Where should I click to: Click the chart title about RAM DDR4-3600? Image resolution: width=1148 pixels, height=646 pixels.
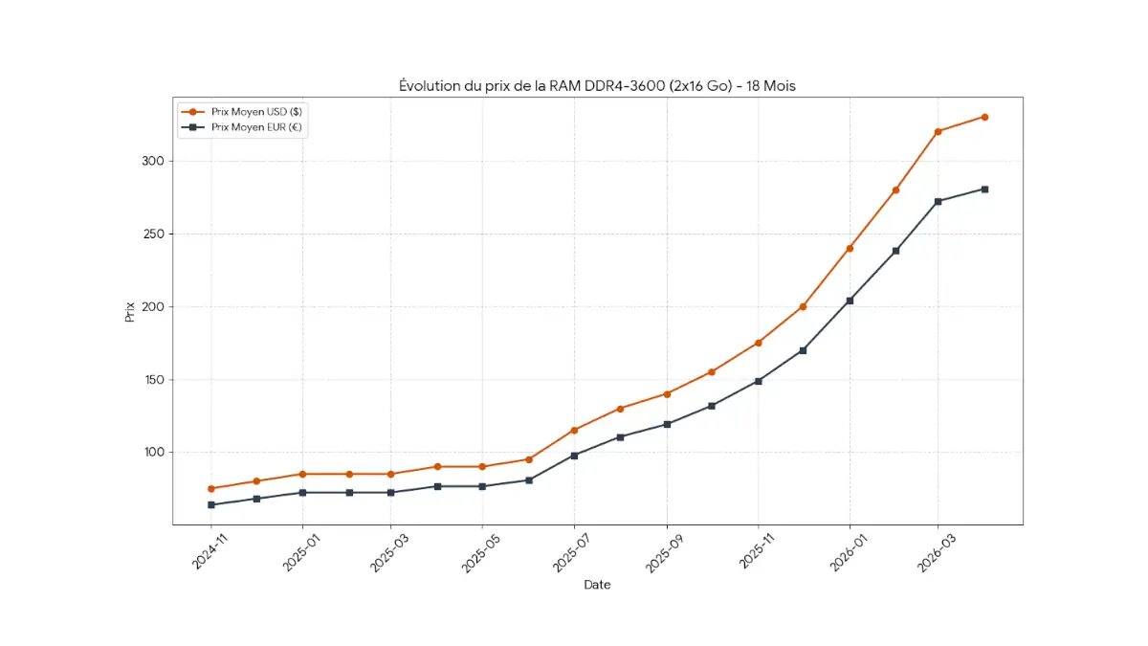597,86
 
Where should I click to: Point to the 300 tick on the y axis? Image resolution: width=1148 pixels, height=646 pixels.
153,161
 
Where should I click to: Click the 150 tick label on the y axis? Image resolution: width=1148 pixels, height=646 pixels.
153,380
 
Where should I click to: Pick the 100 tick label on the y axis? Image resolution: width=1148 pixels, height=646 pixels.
153,453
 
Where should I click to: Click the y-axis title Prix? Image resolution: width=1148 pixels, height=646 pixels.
130,311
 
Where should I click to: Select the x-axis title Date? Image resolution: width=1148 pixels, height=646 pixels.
597,585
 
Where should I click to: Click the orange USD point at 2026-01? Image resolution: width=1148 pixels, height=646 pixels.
850,249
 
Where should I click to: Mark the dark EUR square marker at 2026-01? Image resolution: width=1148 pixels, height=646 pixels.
850,301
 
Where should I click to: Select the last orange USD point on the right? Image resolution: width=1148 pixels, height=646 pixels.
984,117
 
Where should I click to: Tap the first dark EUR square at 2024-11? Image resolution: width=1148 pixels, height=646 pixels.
211,504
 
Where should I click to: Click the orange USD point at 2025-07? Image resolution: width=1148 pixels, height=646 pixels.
574,430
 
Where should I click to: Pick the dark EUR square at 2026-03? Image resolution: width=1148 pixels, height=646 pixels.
938,201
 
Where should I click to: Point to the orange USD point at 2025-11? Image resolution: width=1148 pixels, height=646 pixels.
759,343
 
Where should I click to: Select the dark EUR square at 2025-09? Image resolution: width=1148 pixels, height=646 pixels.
667,424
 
